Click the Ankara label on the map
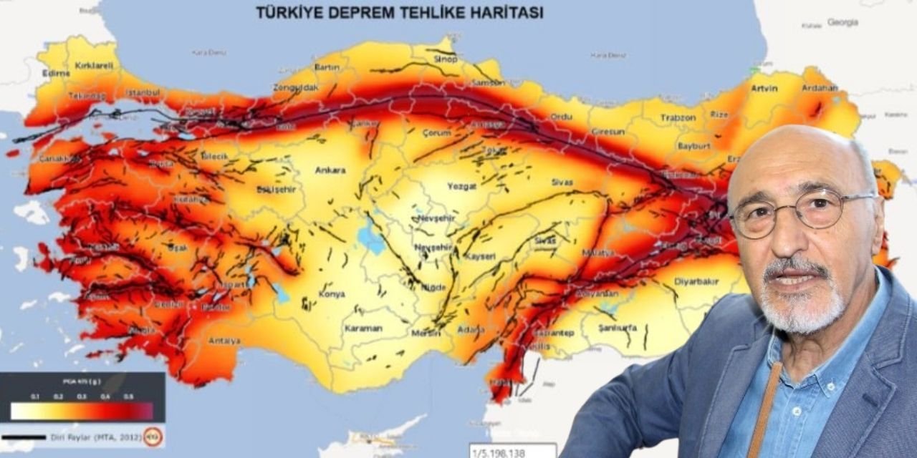[x=330, y=170]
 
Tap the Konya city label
[x=332, y=294]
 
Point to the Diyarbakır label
[x=696, y=282]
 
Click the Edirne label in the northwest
[x=56, y=73]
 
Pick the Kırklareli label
[x=94, y=65]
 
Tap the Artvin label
[x=764, y=88]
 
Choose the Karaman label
[x=363, y=328]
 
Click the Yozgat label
[x=461, y=185]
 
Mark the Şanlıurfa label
[x=618, y=328]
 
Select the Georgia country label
[x=842, y=22]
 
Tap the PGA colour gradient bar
[x=82, y=411]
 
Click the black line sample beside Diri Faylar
[x=24, y=437]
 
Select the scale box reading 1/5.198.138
[x=512, y=451]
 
